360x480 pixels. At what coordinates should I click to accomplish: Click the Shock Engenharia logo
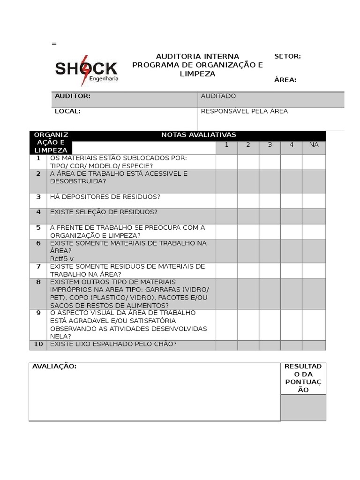click(87, 70)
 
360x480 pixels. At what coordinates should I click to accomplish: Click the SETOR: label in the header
click(287, 56)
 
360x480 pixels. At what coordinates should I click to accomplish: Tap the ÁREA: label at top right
click(285, 80)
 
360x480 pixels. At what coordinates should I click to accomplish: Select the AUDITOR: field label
click(73, 96)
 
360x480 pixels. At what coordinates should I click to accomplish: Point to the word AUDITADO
click(218, 96)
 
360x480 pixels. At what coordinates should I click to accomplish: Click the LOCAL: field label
click(68, 111)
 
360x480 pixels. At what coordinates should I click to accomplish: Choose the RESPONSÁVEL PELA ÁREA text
click(244, 111)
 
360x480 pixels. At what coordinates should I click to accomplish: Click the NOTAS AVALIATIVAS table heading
click(199, 135)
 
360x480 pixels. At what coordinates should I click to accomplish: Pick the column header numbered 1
click(226, 145)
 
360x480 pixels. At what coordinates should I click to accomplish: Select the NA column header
click(314, 145)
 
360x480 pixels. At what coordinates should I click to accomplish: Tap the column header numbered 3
click(270, 145)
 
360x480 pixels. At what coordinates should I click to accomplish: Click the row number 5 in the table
click(38, 228)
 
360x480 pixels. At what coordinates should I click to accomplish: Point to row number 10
click(38, 345)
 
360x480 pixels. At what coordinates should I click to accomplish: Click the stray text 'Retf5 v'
click(62, 258)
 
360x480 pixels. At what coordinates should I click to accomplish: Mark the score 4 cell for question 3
click(291, 201)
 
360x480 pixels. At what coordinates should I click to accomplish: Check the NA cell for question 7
click(314, 270)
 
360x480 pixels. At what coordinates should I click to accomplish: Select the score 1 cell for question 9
click(226, 324)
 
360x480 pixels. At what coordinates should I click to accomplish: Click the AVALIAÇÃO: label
click(54, 367)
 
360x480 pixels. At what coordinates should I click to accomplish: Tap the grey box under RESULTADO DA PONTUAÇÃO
click(303, 407)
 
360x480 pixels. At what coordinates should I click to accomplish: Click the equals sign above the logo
click(54, 44)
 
